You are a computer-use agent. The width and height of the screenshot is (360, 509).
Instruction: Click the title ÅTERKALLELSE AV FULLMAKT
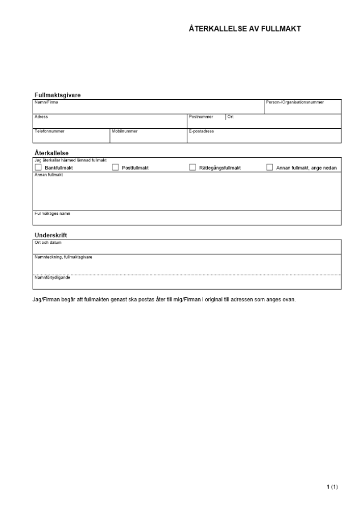coord(244,29)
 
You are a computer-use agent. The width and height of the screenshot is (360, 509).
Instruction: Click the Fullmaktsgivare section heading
coord(58,95)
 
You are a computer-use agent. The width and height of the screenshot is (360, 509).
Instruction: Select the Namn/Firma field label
coord(46,102)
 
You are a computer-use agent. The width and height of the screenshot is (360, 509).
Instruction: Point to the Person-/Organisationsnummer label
coord(294,102)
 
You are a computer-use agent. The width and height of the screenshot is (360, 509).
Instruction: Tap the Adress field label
coord(41,117)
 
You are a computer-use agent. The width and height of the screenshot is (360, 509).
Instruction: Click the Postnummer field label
coord(201,117)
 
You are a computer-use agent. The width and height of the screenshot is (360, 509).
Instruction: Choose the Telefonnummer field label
coord(49,131)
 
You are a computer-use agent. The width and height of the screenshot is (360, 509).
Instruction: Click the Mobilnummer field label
coord(125,131)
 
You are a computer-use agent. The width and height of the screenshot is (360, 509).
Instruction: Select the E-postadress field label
coord(202,131)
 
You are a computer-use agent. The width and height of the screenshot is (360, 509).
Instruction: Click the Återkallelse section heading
coord(51,153)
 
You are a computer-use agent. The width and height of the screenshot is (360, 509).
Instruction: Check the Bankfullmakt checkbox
coord(38,167)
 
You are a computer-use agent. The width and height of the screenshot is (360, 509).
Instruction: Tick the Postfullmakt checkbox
coord(115,167)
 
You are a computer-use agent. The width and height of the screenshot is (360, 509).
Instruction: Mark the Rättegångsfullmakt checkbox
coord(193,167)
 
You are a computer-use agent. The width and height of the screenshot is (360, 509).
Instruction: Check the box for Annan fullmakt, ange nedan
coord(270,167)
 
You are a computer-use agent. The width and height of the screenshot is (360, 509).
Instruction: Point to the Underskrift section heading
coord(51,235)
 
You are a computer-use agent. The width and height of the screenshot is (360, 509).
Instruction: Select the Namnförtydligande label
coord(52,278)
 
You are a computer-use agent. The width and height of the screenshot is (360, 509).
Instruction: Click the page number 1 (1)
coord(332,487)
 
